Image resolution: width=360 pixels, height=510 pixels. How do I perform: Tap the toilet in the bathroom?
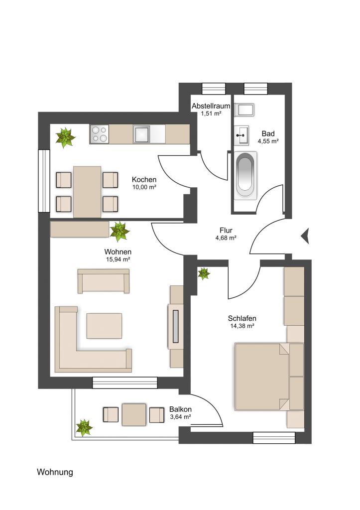coord(244,110)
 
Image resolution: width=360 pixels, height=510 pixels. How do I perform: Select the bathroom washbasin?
coord(241,134)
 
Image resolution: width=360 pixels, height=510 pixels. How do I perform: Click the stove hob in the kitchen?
coord(99,134)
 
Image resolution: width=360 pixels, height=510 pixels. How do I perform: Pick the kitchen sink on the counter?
coord(141,134)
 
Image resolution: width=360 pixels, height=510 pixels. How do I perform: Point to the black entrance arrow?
coord(305,236)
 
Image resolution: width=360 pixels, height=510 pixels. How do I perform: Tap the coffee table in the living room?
coord(104,326)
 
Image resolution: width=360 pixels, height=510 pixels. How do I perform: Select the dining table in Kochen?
coord(87,192)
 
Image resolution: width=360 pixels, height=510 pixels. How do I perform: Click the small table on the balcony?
coord(134,415)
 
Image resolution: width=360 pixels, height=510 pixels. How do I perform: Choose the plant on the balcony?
coord(84,427)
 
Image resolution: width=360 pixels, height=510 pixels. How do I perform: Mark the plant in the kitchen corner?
coord(65,137)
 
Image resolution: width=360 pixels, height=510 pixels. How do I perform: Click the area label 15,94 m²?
coord(118,259)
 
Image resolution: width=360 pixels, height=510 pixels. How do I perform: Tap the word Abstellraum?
coord(211,106)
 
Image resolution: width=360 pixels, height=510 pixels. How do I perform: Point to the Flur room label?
coord(226,230)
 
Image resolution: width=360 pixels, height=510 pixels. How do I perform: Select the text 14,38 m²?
coord(242,326)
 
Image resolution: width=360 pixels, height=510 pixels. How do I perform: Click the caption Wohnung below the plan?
coord(55,472)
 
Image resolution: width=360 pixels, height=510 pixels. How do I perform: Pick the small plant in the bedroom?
coord(204,273)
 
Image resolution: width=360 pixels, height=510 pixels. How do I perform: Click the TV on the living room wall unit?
coord(176,326)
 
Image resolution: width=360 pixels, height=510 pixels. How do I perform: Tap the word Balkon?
coord(180,409)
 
